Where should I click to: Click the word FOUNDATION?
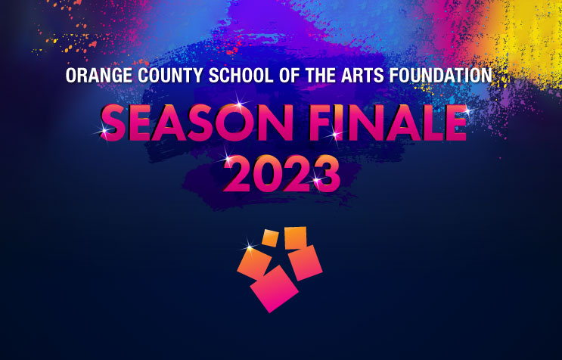tap(440, 75)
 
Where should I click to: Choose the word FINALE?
tap(388, 123)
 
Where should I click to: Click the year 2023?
tap(281, 174)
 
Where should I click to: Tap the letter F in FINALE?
tap(321, 123)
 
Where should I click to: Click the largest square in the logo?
tap(274, 289)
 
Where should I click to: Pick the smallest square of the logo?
tap(270, 238)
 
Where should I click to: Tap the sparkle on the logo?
tap(250, 247)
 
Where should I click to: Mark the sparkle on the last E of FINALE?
tap(467, 110)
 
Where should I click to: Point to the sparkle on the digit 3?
tap(316, 179)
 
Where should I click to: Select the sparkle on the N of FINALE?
tap(335, 135)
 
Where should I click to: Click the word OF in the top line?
tap(289, 75)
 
